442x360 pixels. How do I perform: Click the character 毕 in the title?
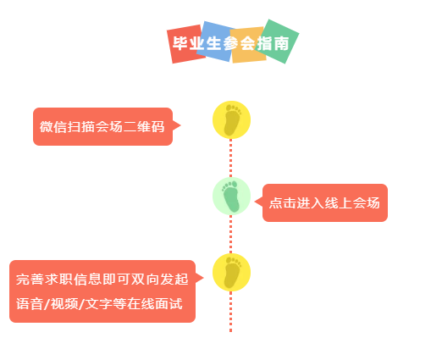tap(180, 43)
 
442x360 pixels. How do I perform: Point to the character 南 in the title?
tap(281, 43)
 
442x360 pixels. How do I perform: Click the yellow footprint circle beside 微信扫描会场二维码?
tap(231, 119)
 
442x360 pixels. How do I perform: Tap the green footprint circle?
tap(231, 196)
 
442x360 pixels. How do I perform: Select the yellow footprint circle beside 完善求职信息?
tap(231, 272)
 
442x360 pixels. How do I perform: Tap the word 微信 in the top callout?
tap(53, 126)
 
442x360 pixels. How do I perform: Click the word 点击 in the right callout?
tap(283, 202)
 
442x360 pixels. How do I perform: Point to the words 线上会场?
tap(352, 202)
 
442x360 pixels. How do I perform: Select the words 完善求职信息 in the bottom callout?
tap(58, 280)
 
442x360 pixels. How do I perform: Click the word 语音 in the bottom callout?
tap(30, 304)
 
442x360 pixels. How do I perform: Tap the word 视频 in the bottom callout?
tap(64, 304)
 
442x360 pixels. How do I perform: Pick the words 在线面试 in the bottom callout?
tap(155, 304)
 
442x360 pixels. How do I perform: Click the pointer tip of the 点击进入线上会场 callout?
tap(255, 202)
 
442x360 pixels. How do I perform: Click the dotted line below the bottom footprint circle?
tap(231, 312)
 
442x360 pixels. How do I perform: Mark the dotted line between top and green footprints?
tap(231, 158)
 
